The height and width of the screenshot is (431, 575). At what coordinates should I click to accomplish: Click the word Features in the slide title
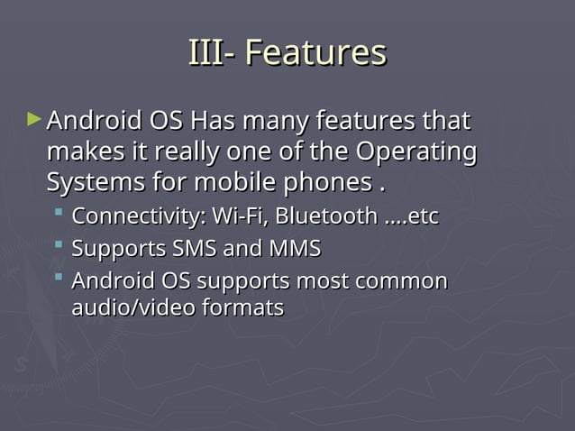315,52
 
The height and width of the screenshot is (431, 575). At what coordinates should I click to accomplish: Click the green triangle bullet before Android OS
34,118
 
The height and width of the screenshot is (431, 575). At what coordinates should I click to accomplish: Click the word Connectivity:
138,217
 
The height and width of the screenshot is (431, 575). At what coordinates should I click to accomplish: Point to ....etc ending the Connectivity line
411,217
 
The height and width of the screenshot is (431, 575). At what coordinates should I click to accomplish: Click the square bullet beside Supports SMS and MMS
59,245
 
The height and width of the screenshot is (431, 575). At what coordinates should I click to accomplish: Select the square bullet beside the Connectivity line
59,215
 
